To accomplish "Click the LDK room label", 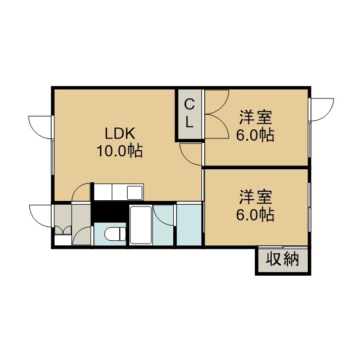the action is pos(120,134).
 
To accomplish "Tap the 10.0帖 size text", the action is pos(120,151).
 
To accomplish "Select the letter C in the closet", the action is pos(190,105).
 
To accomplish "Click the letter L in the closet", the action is pos(189,122).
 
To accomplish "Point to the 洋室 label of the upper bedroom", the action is pos(255,118).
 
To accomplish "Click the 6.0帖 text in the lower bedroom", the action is pos(255,214).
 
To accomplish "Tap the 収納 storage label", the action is pos(282,259).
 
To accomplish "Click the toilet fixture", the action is pos(115,234).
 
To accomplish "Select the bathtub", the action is pos(141,225).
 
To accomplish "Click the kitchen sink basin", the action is pos(135,192).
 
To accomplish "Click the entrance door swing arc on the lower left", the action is pos(39,216).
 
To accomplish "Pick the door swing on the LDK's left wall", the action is pos(39,127).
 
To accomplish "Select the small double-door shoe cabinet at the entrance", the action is pos(63,230).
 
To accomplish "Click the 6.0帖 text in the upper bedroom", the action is pos(255,135).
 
